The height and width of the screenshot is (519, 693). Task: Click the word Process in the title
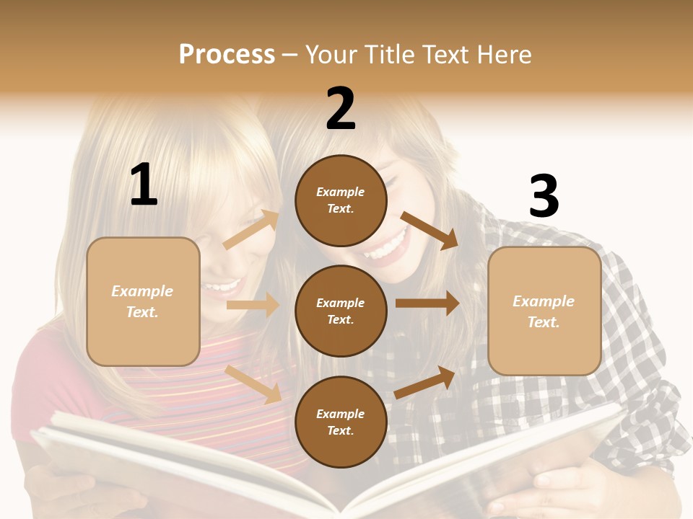[227, 54]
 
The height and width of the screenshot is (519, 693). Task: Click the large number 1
[143, 185]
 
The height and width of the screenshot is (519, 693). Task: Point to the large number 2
[341, 109]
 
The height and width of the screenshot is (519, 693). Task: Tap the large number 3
[544, 197]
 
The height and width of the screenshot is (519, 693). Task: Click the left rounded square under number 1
[143, 301]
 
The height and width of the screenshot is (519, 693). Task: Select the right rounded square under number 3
[544, 311]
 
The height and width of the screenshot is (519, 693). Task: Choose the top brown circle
[341, 200]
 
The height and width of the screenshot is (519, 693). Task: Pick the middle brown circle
[341, 311]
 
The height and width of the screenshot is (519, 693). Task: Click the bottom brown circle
[341, 422]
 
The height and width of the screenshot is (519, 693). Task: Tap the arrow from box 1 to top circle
[250, 230]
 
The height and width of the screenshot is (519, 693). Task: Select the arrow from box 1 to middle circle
[253, 305]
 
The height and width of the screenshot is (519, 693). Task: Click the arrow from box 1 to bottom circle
[253, 383]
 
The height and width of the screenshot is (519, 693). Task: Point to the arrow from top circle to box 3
[430, 230]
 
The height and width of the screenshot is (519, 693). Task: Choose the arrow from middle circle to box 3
[427, 303]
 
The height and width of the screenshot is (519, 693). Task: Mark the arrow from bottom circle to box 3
[425, 382]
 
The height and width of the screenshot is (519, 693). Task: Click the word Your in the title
[332, 54]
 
